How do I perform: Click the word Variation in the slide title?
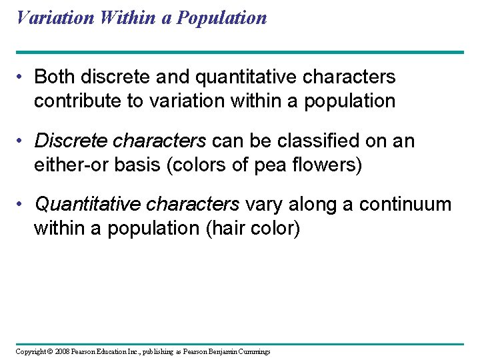[55, 17]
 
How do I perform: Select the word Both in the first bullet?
[55, 77]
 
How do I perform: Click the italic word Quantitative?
[86, 205]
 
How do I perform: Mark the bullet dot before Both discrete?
[22, 78]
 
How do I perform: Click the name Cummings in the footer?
[255, 351]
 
